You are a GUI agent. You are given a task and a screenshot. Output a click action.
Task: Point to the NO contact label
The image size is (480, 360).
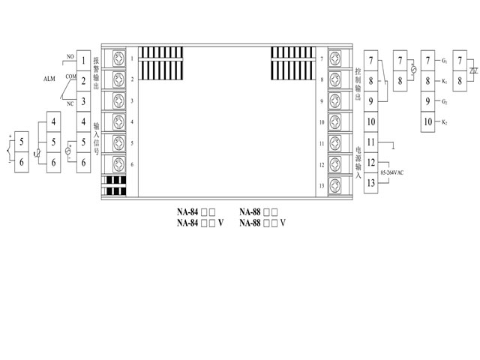coord(69,57)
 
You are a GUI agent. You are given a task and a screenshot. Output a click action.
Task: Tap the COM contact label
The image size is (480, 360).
coord(70,76)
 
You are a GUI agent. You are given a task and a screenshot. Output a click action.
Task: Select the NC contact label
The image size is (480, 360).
coord(70,103)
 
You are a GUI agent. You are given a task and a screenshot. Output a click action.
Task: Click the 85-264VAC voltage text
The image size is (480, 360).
coord(391,173)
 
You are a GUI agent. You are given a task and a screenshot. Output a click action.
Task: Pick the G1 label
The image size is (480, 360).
coord(445,59)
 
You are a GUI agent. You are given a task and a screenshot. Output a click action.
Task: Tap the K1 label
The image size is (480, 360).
coord(445,80)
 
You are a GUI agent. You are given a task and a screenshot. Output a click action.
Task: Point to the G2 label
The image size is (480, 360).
coord(445,101)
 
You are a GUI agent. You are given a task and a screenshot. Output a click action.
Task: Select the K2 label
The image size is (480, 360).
coord(445,121)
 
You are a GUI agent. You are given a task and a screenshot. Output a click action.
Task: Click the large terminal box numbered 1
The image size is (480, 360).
coord(83,59)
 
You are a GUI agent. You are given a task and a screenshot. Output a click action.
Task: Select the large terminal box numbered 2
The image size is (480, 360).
coord(83,80)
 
